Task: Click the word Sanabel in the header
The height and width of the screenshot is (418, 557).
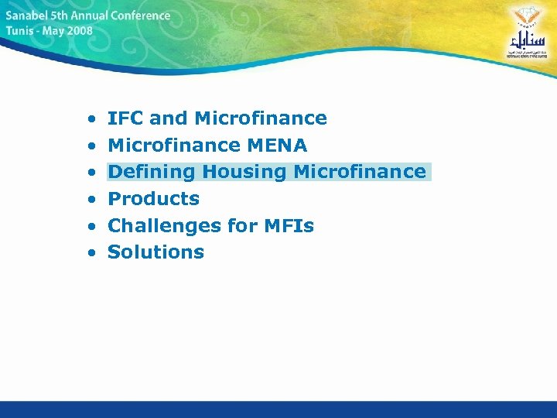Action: click(x=29, y=16)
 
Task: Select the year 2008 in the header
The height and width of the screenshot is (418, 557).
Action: click(x=78, y=32)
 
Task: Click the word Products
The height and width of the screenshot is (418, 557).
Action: click(x=153, y=199)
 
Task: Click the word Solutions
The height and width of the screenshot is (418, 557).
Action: click(x=155, y=252)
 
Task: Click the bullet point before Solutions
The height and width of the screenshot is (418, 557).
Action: click(x=91, y=253)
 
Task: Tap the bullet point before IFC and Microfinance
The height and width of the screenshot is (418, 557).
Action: click(x=91, y=120)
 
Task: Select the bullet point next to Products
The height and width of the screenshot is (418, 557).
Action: click(x=91, y=200)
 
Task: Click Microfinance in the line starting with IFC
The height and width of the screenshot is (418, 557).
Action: click(x=261, y=118)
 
